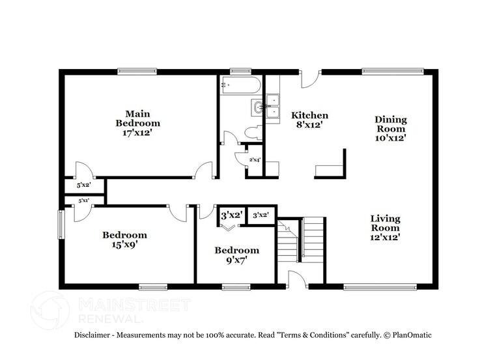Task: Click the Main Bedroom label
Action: click(137, 118)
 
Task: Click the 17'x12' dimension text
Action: click(137, 133)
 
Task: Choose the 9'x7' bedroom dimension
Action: click(236, 260)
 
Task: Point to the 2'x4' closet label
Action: click(254, 159)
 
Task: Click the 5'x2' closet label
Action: click(84, 185)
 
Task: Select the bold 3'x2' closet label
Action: click(231, 215)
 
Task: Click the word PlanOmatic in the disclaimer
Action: click(411, 335)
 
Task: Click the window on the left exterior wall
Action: click(61, 225)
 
